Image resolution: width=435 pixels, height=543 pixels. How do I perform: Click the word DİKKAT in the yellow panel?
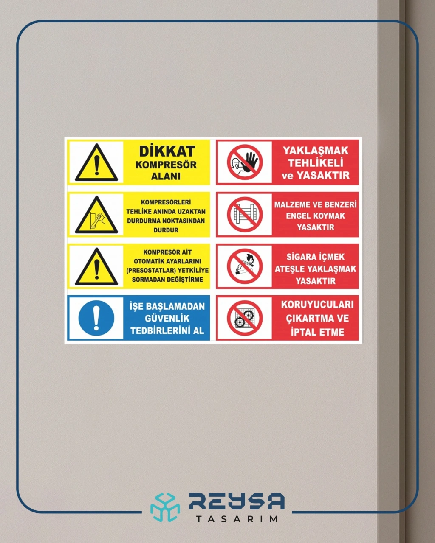(167, 151)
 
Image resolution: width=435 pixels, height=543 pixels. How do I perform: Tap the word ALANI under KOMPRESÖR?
(166, 176)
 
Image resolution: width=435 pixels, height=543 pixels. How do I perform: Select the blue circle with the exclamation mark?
(96, 318)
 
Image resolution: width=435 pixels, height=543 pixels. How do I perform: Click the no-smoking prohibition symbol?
(245, 266)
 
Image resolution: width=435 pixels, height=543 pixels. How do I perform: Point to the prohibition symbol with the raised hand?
(245, 162)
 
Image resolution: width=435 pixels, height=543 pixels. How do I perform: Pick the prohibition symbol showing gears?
(245, 318)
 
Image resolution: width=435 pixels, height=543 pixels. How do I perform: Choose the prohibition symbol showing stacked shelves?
(245, 215)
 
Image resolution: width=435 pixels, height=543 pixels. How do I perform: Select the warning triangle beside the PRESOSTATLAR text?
(96, 266)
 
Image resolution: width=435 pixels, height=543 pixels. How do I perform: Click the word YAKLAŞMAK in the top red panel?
(316, 151)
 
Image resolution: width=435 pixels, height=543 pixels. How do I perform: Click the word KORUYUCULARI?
(317, 305)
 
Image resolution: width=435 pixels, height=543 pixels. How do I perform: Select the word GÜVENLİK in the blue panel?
(167, 319)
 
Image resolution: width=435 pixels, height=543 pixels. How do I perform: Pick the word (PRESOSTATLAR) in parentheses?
(151, 271)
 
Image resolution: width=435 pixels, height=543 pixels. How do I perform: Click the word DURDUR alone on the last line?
(166, 230)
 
